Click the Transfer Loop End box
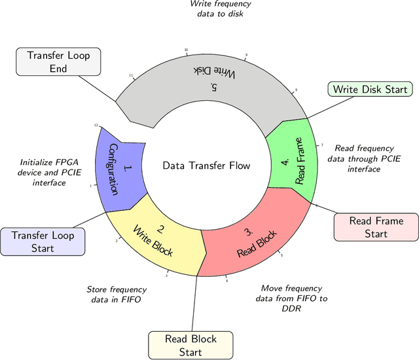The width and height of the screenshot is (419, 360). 58,62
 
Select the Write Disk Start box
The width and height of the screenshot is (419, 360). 369,89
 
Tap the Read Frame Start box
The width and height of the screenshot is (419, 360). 376,227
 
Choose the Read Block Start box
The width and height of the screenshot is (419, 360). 191,346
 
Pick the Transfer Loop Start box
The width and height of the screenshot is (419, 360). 43,242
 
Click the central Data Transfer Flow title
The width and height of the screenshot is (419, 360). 206,166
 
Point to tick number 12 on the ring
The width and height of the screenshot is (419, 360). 96,125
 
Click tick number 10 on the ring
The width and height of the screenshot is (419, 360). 186,50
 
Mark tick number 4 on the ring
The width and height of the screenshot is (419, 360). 227,281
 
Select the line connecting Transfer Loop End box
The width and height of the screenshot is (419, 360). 97,88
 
